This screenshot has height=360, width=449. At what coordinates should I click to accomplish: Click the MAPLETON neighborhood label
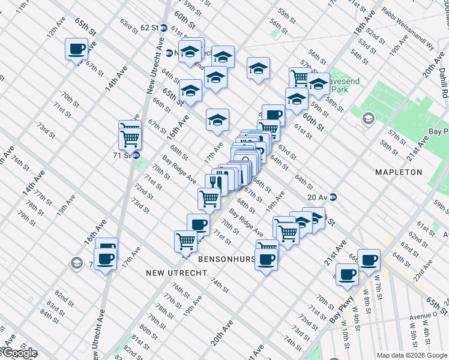pyautogui.click(x=399, y=172)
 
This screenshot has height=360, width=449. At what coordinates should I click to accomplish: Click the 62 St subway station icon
pyautogui.click(x=163, y=28)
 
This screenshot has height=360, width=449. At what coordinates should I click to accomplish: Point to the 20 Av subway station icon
pyautogui.click(x=333, y=197)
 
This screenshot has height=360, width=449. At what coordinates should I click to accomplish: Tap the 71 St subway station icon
pyautogui.click(x=137, y=155)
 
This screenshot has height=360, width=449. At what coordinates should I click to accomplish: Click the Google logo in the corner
pyautogui.click(x=19, y=353)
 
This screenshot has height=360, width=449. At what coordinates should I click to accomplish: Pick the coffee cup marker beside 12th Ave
pyautogui.click(x=76, y=49)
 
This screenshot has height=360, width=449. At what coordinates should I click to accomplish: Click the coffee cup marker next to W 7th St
pyautogui.click(x=369, y=260)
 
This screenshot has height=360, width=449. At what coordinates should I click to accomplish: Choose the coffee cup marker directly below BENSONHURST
pyautogui.click(x=267, y=259)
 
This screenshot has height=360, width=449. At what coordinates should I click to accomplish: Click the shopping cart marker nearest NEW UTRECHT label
pyautogui.click(x=185, y=241)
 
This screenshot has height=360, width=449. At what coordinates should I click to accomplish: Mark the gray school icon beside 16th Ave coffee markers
pyautogui.click(x=76, y=263)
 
